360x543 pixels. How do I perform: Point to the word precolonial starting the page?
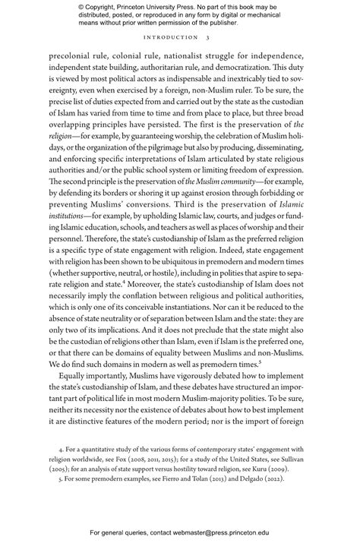[72, 55]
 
